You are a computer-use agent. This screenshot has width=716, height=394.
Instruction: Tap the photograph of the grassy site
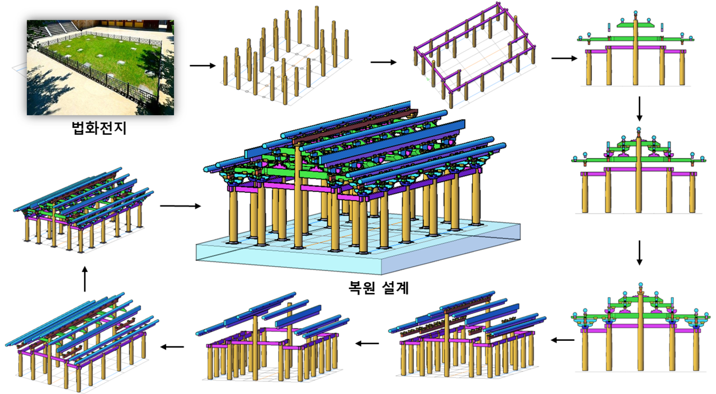(100, 67)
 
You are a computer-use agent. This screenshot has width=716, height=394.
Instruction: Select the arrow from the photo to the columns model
(202, 65)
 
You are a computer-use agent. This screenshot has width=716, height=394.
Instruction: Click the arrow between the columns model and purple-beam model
(384, 62)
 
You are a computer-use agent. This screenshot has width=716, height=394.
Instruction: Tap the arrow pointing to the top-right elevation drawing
(563, 58)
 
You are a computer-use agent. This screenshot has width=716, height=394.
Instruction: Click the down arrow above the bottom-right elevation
(640, 254)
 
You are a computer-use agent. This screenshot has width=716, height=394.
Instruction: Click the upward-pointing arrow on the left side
(84, 278)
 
